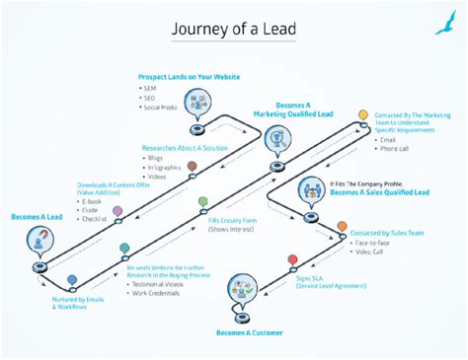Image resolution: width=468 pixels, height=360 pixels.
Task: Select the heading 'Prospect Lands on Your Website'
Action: [x=191, y=77]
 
